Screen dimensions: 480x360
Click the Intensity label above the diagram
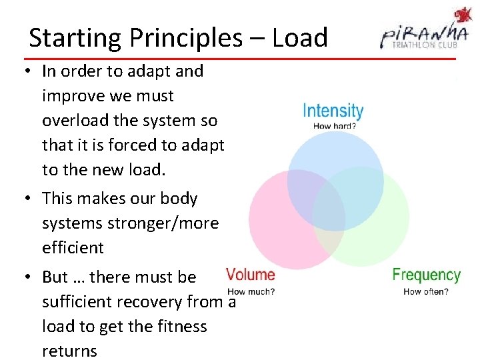tap(333, 111)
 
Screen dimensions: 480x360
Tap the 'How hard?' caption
tap(333, 125)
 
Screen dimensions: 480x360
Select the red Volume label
tap(251, 275)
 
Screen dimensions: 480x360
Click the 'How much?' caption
tap(251, 291)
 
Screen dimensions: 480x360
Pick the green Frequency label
tap(426, 275)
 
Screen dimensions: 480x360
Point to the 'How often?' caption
tap(426, 291)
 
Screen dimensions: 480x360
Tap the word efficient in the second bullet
tap(73, 247)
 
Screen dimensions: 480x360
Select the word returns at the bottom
tap(69, 351)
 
